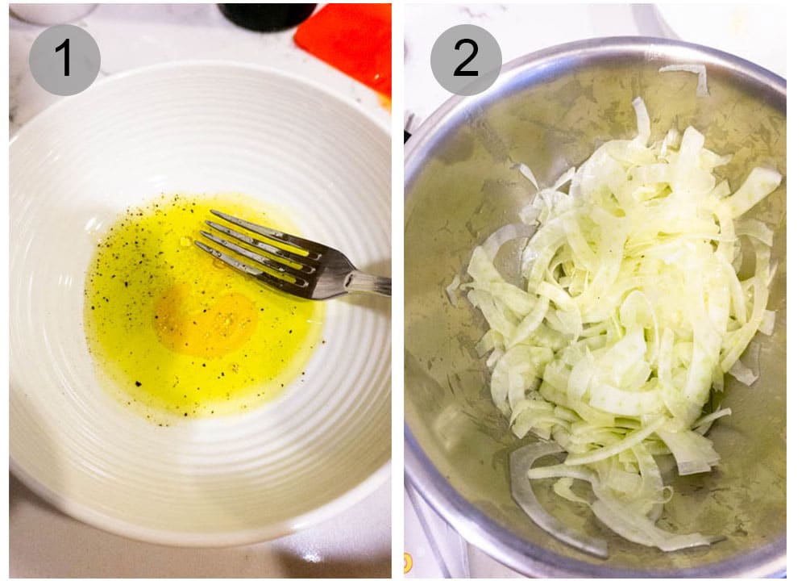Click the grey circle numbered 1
pyautogui.click(x=64, y=60)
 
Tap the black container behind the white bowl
pyautogui.click(x=266, y=15)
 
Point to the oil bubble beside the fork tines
pyautogui.click(x=186, y=241)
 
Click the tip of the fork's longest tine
pyautogui.click(x=214, y=214)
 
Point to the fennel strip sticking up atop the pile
pyautogui.click(x=641, y=118)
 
